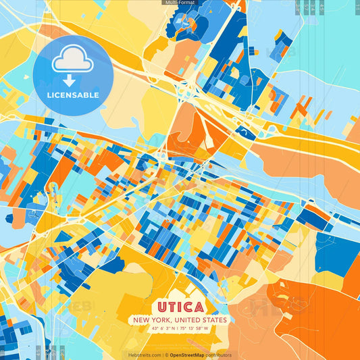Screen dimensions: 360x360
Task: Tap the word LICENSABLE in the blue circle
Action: coord(73,95)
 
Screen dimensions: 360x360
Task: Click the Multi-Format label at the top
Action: coord(180,3)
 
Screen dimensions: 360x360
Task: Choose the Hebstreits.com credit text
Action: coord(143,355)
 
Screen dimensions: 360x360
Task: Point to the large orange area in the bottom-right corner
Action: coord(324,317)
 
